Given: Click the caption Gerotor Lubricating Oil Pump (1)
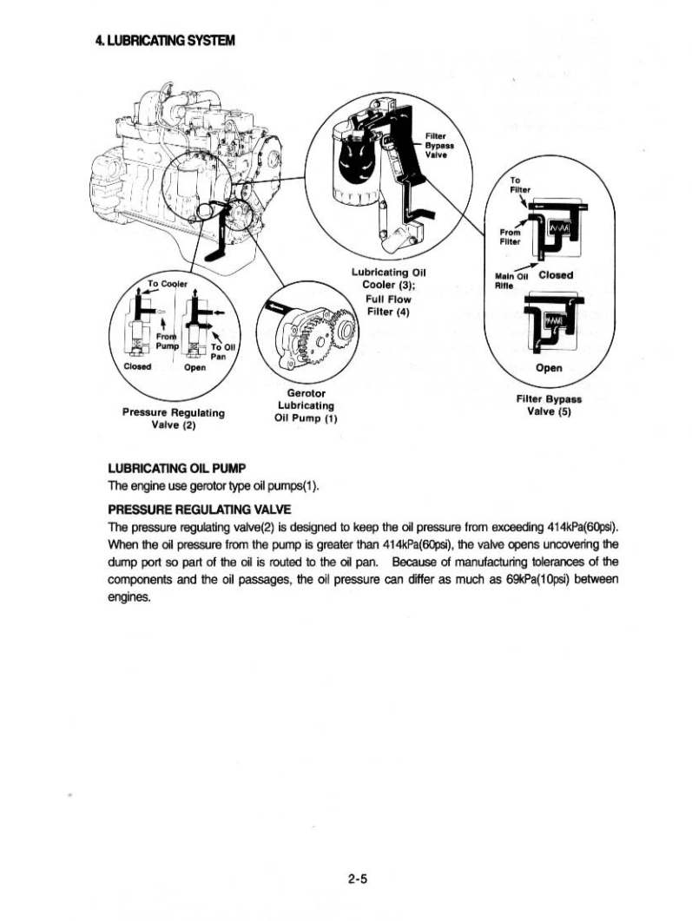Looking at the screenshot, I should point(305,405).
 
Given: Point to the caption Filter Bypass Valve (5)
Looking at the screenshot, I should point(549,406).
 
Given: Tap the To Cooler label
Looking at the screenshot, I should point(168,283).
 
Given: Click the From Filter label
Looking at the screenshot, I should point(511,236).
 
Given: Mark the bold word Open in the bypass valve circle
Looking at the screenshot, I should point(550,367).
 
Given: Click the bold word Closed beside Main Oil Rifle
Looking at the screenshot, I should point(556,275).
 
